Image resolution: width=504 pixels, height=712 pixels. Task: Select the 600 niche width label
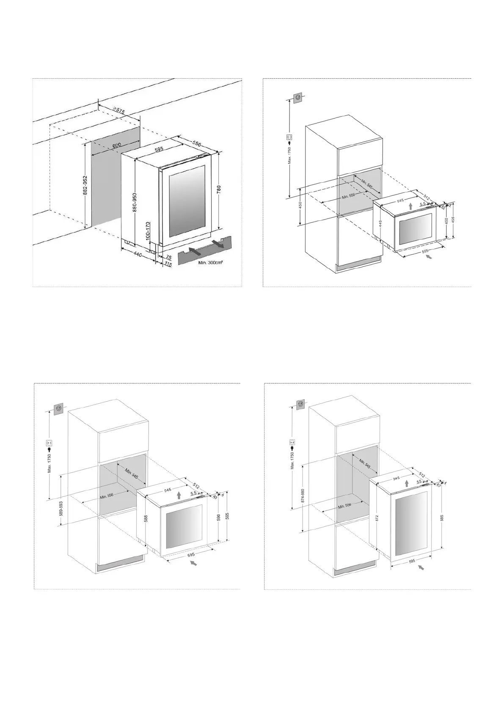tap(117, 145)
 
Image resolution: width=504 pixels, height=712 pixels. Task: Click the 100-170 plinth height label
tap(149, 231)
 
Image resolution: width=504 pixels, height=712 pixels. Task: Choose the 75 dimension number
tap(169, 257)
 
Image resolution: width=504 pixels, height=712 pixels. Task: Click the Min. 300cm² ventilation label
tap(210, 263)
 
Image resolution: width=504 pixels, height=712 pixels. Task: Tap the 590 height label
tap(219, 517)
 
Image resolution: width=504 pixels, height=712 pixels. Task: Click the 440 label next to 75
tap(138, 255)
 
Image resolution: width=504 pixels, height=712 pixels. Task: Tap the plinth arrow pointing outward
tap(218, 244)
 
